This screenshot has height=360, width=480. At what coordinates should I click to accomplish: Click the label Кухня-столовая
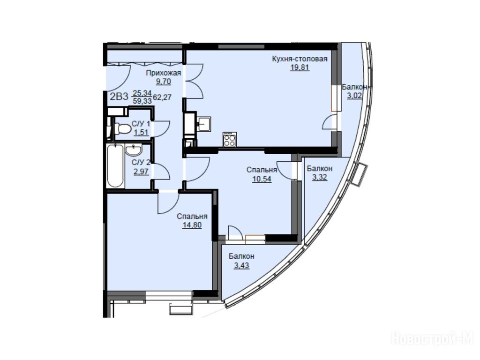click(x=300, y=59)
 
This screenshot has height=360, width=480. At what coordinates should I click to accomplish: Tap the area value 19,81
click(x=300, y=67)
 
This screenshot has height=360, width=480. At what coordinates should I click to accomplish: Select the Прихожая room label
click(x=164, y=73)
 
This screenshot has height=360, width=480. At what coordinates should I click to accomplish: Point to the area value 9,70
click(x=163, y=82)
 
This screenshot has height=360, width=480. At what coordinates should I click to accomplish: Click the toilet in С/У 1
click(x=121, y=128)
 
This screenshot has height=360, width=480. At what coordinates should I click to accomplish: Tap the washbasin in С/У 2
click(x=134, y=150)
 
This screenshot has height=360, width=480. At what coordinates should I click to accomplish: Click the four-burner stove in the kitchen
click(x=230, y=139)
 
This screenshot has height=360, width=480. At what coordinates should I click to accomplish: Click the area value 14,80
click(x=192, y=225)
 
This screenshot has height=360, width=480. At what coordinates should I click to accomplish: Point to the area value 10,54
click(x=262, y=179)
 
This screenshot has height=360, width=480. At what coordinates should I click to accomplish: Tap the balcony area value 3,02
click(x=354, y=96)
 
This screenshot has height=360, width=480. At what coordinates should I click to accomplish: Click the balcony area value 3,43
click(x=241, y=265)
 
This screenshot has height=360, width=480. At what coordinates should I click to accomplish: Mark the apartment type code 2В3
click(x=119, y=97)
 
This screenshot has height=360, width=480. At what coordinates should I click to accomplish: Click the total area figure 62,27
click(x=162, y=97)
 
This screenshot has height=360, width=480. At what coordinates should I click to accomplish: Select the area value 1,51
click(x=141, y=132)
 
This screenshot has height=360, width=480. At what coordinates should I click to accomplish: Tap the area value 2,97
click(x=141, y=171)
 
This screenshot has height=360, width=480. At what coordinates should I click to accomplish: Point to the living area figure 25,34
click(x=142, y=93)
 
